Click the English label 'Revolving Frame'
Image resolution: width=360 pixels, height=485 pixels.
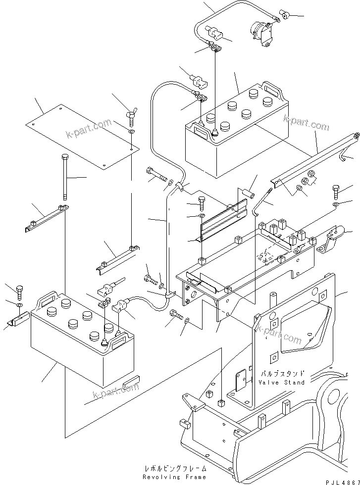pyautogui.click(x=174, y=477)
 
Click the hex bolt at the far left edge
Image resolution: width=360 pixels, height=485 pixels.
pyautogui.click(x=19, y=291)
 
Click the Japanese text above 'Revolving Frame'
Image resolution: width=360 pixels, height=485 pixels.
pyautogui.click(x=174, y=468)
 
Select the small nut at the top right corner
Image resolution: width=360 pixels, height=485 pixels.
pyautogui.click(x=285, y=15)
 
